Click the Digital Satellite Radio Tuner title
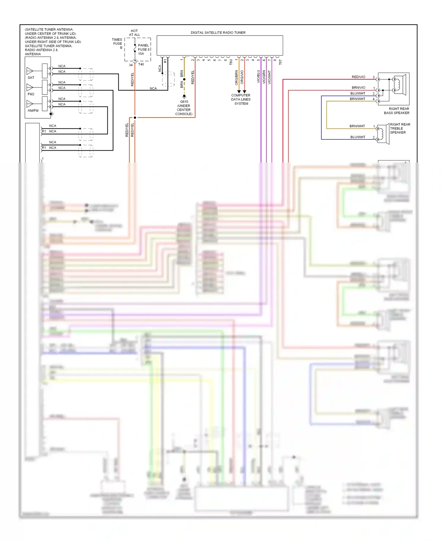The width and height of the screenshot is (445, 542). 218,33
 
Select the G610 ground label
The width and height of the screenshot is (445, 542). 184,102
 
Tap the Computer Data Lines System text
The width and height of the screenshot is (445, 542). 241,99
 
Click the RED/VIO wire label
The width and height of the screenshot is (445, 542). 358,77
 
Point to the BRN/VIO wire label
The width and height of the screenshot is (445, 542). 358,87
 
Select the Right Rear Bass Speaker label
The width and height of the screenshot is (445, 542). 397,111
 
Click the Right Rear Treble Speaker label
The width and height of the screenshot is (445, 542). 400,128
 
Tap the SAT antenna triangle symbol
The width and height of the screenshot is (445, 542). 30,71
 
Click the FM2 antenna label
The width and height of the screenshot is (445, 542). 31,94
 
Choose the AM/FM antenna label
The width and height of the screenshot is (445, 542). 33,111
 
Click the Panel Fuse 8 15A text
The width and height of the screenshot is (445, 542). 144,50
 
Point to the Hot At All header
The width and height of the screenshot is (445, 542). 134,33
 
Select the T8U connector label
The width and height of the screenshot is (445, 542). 231,62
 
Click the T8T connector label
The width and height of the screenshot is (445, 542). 280,62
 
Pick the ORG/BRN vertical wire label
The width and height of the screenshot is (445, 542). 236,77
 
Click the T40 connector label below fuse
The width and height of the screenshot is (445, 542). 141,64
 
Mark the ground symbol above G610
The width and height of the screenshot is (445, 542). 184,96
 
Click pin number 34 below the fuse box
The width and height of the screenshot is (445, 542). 131,65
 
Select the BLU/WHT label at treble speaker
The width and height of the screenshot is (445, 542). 357,137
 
